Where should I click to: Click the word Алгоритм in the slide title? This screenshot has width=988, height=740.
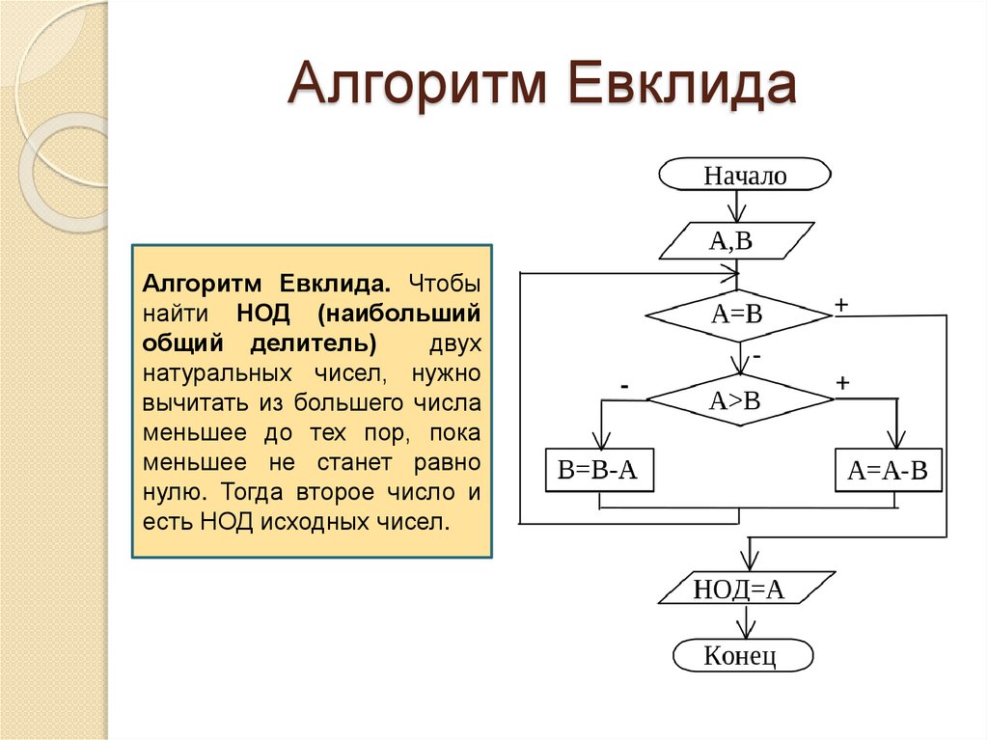419,87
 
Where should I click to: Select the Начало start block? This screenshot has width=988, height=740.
744,176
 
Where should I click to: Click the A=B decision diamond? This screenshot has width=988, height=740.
737,315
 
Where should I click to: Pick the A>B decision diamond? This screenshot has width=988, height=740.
737,400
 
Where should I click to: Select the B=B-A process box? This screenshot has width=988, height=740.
598,471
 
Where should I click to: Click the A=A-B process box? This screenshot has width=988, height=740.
888,471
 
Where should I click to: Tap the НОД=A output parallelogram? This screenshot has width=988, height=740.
742,589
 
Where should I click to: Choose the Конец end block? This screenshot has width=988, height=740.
742,655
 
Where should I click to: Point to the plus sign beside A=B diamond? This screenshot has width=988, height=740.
841,305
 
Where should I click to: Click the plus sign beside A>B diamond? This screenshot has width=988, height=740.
841,383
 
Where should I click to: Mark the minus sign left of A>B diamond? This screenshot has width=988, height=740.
625,386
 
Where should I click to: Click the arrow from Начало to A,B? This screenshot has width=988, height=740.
739,206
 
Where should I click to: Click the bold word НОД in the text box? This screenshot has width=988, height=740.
260,315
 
